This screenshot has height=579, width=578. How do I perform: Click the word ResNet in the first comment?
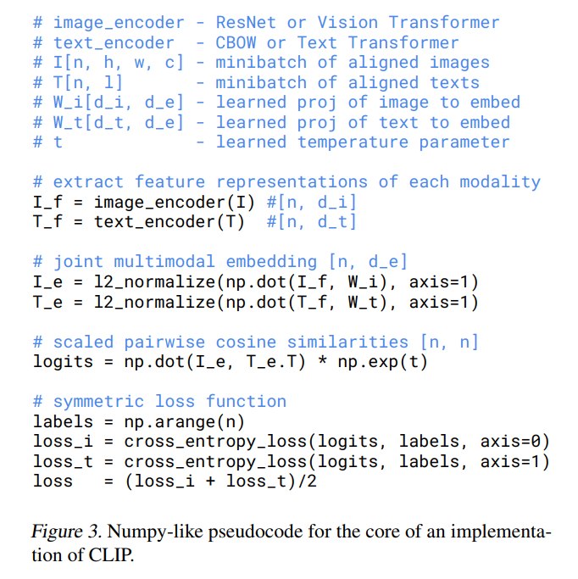point(246,23)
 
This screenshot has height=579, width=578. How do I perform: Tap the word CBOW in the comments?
point(236,42)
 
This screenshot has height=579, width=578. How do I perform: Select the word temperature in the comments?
point(353,142)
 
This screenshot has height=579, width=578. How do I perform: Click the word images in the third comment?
point(459,63)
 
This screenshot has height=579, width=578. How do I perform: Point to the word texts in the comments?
point(454,83)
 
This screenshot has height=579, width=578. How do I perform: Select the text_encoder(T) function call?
point(170,222)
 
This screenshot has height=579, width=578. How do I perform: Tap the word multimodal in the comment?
point(164,261)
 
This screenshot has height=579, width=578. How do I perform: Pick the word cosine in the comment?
point(246,342)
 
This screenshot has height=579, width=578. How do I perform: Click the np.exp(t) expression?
point(382,362)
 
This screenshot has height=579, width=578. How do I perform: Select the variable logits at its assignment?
point(63,362)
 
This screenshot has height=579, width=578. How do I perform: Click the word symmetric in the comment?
point(98,402)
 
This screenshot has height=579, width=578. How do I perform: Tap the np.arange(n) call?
point(184,422)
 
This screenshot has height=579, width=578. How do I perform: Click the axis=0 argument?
point(510,442)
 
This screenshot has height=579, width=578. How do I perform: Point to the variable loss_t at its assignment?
point(63,461)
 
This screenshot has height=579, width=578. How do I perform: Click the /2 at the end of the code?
point(307,482)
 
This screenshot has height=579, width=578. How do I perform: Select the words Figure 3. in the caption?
point(66,532)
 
